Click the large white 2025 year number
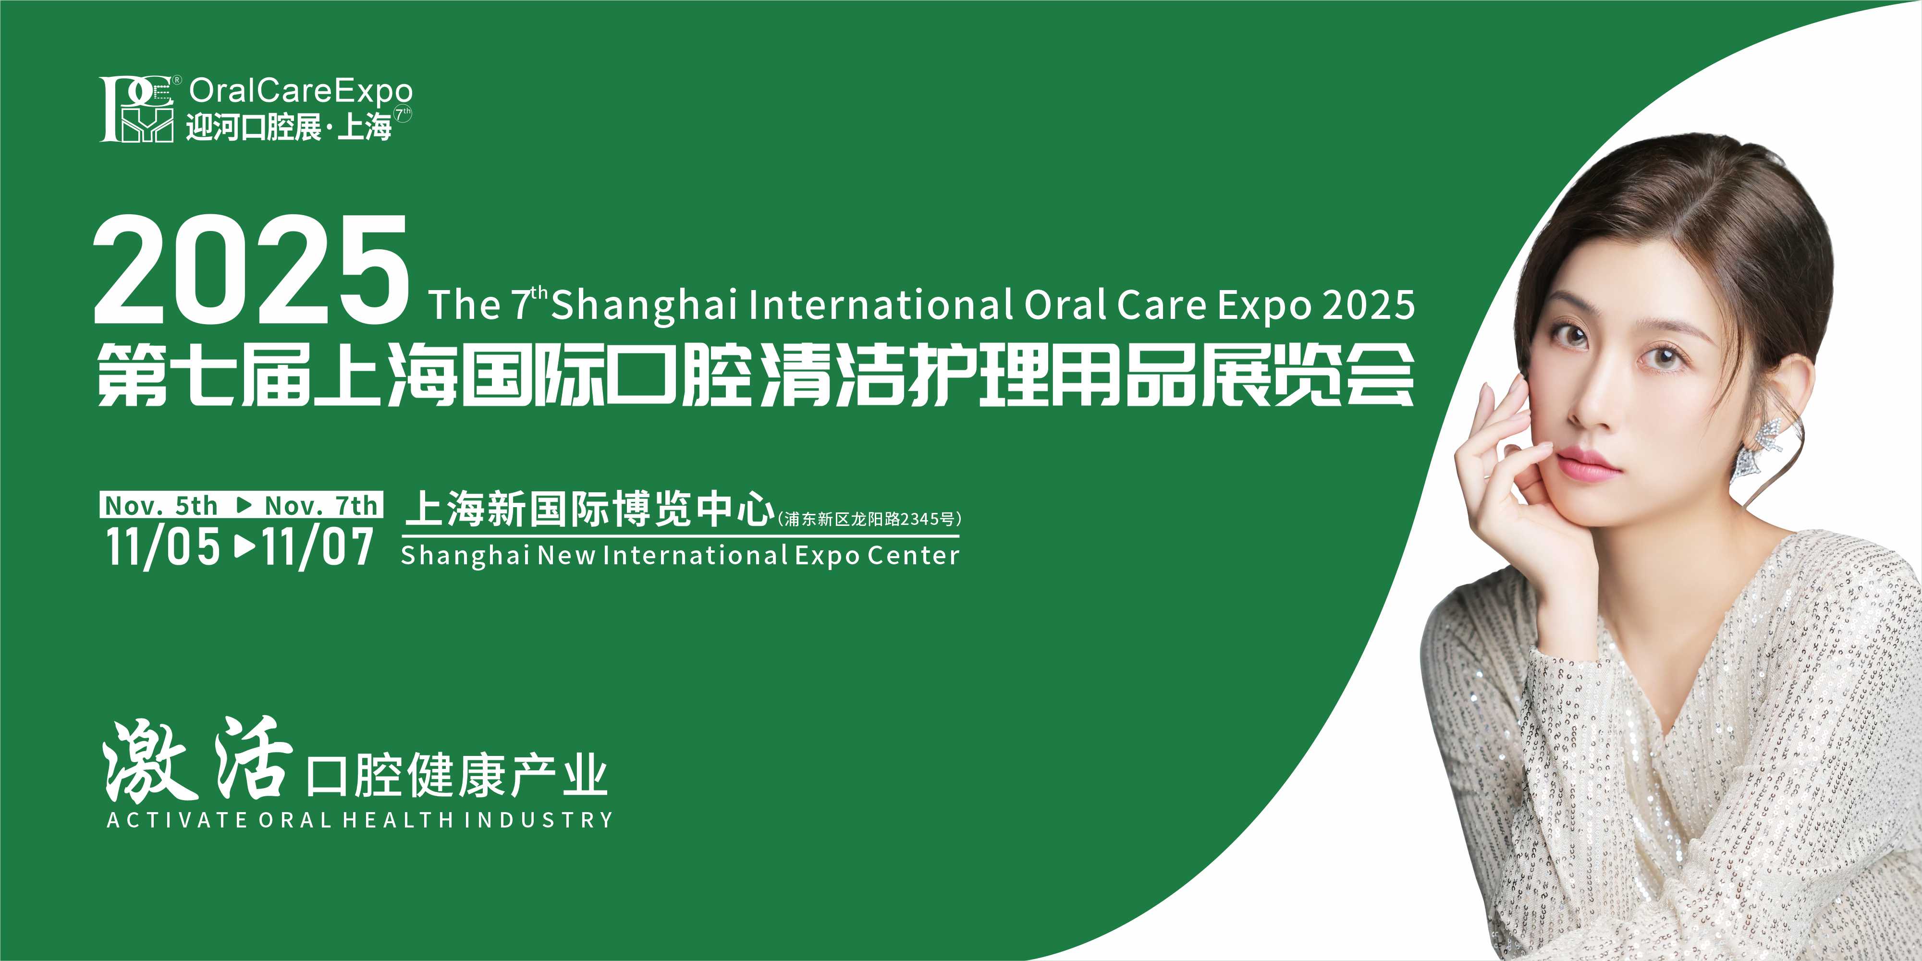(251, 269)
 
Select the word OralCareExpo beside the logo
(301, 91)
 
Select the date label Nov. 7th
(321, 506)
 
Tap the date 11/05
(163, 547)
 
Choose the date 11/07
(317, 547)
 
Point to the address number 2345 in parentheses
(920, 519)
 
